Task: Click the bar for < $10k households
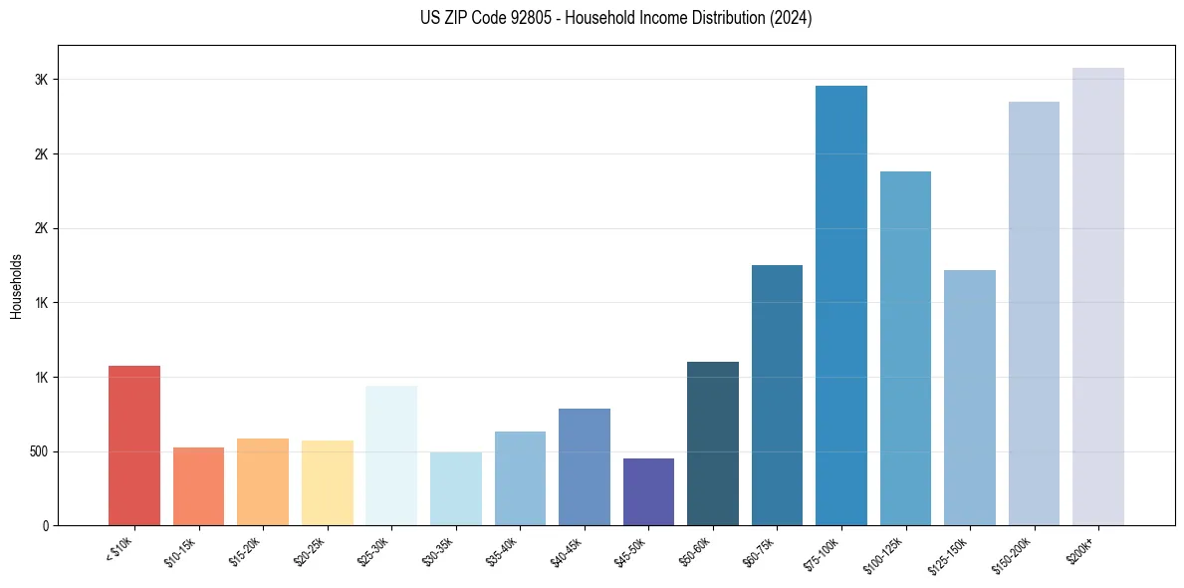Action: point(134,445)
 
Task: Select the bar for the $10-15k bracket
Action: point(198,486)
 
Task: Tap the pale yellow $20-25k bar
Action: point(328,482)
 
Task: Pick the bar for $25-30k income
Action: point(391,455)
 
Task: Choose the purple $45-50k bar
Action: point(648,491)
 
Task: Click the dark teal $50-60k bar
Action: point(713,443)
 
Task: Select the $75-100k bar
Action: point(841,305)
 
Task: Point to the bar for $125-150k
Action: point(970,398)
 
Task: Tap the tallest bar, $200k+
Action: point(1098,296)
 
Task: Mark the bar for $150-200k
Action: point(1034,313)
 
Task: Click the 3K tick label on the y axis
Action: point(43,80)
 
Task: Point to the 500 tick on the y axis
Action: point(39,451)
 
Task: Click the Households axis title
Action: point(16,286)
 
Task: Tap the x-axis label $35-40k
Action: point(504,551)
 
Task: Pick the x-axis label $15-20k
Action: point(247,551)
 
